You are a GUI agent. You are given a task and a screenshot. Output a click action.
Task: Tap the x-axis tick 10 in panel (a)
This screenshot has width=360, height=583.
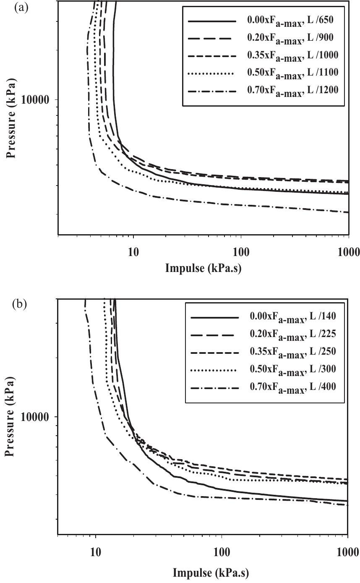tap(133, 252)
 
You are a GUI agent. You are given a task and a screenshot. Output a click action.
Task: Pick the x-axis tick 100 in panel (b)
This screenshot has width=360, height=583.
tap(221, 550)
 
